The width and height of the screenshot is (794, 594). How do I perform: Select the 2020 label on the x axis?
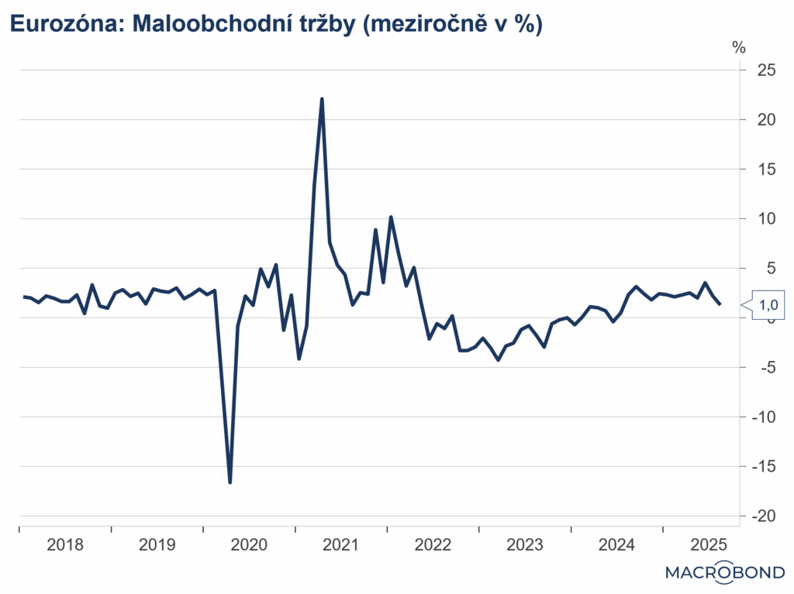tap(249, 544)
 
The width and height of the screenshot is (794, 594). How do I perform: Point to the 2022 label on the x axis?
tap(433, 544)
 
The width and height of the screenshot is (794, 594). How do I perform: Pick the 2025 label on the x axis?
tap(708, 544)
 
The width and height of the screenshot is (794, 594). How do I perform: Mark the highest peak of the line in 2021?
tap(322, 99)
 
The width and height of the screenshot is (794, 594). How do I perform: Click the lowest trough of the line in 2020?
tap(230, 482)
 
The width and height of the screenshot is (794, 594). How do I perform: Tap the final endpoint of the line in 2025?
tap(721, 304)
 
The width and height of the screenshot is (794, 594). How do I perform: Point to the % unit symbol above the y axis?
tap(738, 47)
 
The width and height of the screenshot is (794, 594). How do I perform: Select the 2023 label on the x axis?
tap(525, 544)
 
